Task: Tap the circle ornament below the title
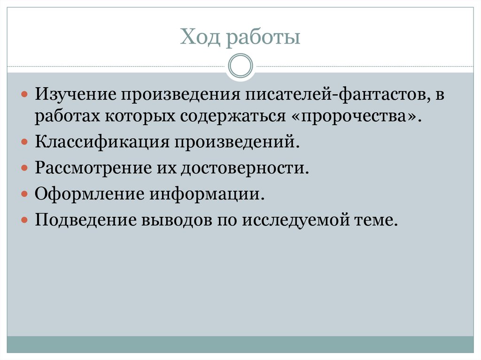240,65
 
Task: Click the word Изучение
75,95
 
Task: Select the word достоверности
243,168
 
